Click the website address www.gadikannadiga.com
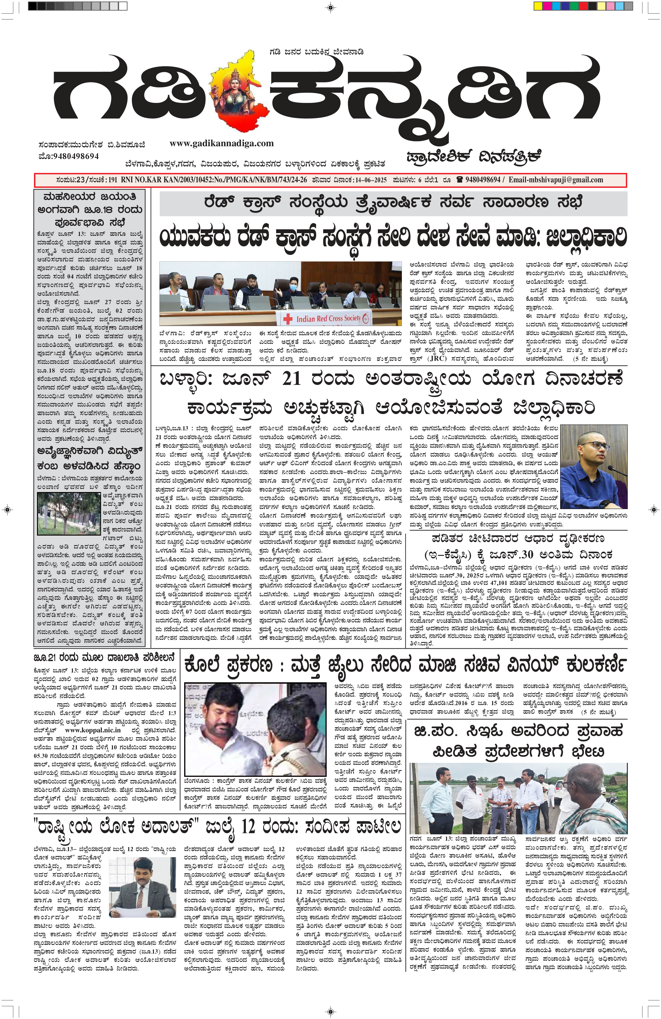pyautogui.click(x=221, y=143)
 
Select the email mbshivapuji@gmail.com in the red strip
pyautogui.click(x=556, y=180)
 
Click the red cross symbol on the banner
pyautogui.click(x=288, y=319)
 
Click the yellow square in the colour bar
pyautogui.click(x=538, y=7)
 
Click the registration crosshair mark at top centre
pyautogui.click(x=331, y=7)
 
